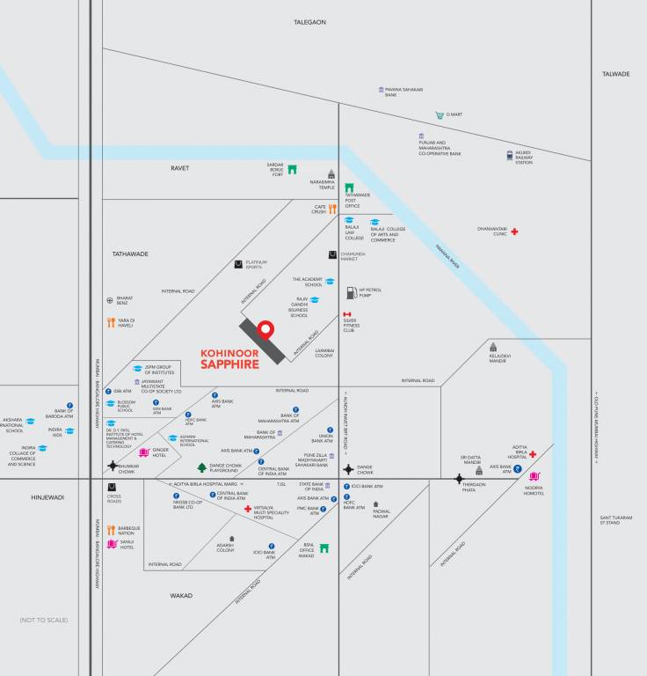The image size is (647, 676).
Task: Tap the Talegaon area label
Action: click(309, 21)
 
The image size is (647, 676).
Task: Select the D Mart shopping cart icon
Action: click(439, 114)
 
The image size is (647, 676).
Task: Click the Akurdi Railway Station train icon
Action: click(509, 156)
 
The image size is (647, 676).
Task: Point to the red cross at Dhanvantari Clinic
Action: click(514, 231)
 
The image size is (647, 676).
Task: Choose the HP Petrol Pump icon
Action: click(351, 290)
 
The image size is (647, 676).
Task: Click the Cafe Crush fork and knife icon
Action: click(332, 209)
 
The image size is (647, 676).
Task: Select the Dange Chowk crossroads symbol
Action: click(349, 469)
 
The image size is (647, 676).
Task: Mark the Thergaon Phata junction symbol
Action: click(459, 479)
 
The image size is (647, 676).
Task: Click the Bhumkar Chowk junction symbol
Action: click(113, 466)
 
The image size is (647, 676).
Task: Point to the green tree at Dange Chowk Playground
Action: click(201, 467)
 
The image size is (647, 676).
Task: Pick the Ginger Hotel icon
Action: click(144, 452)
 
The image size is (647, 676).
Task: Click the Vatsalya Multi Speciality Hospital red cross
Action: click(248, 509)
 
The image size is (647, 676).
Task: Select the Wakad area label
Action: click(181, 595)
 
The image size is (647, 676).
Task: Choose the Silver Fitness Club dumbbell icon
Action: click(347, 315)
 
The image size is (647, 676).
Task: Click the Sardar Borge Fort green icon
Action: click(292, 169)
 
